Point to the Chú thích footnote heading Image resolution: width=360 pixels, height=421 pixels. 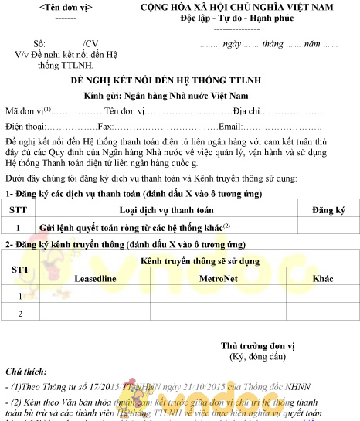(x=25, y=372)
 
